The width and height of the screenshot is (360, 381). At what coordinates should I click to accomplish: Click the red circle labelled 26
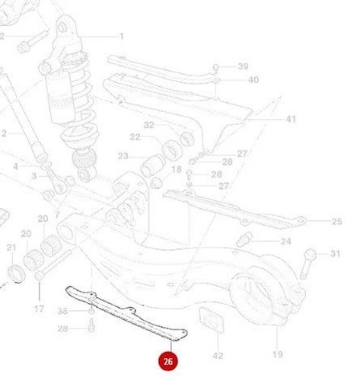point(168,361)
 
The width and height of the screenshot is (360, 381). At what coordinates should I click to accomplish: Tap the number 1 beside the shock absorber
point(122,37)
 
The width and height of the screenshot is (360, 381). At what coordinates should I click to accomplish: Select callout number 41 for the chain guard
point(291,119)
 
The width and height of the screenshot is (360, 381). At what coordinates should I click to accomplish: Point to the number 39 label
point(243,66)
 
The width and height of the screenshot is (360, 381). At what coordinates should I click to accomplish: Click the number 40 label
point(253,80)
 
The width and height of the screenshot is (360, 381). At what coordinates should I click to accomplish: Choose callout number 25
point(337,222)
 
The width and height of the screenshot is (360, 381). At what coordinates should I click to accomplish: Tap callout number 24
point(285,242)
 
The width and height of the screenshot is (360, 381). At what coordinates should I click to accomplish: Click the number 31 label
point(335,254)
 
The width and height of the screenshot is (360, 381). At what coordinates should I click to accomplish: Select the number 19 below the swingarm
point(278,354)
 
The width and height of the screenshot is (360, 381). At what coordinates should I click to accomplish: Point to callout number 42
point(218,356)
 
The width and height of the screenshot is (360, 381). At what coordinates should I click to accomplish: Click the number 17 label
point(39,309)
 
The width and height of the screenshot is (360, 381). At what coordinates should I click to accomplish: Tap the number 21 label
point(11,248)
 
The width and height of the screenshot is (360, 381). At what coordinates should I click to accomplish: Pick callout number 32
point(149,125)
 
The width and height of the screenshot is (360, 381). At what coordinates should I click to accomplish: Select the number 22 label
point(135,137)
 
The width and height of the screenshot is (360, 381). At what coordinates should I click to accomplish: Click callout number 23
point(123,156)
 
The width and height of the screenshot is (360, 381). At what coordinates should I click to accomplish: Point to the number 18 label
point(177,169)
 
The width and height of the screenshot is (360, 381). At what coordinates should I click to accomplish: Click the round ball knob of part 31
point(311,255)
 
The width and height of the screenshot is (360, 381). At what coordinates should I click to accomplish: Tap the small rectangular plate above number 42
point(212,320)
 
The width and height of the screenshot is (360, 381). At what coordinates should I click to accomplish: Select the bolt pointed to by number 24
point(244,239)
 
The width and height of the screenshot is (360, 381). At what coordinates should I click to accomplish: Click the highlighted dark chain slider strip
point(127,314)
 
